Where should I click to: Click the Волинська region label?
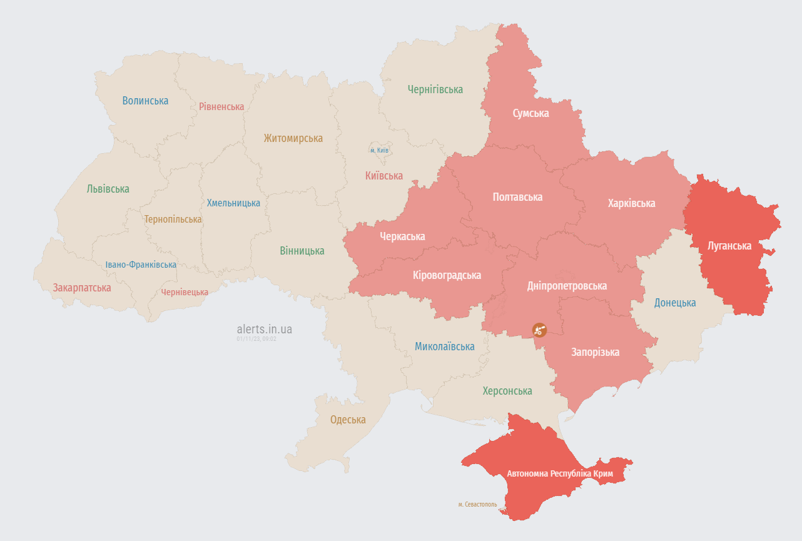145,101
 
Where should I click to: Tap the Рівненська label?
221,106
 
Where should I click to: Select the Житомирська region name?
293,138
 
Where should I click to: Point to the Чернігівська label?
435,89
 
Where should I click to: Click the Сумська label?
530,113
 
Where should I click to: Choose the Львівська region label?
108,189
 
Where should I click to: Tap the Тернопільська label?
173,220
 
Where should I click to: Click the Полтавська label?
517,197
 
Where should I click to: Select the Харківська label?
631,203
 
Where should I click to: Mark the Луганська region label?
729,246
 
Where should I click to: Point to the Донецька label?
674,303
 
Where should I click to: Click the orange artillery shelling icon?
539,330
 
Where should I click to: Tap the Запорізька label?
595,352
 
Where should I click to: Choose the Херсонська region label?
507,391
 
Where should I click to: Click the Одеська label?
348,420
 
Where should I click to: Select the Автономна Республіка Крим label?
560,474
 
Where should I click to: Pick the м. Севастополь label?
477,504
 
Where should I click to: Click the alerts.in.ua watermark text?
264,329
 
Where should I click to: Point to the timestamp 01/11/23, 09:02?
256,338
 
